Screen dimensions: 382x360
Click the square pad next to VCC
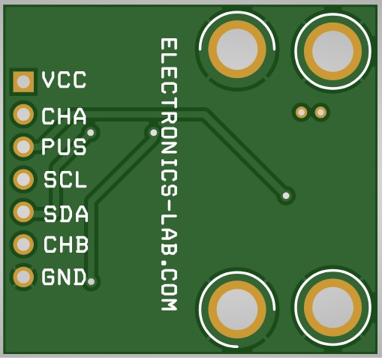[23, 82]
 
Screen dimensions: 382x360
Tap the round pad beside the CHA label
[23, 115]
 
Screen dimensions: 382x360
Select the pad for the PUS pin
[23, 147]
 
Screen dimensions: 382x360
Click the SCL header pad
[23, 179]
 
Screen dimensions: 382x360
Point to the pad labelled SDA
[23, 211]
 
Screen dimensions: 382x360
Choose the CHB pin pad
[23, 244]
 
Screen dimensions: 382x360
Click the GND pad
[23, 277]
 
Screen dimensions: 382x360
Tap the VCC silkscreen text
[64, 80]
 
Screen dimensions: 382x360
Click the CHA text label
[64, 116]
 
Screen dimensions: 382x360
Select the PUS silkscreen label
[64, 147]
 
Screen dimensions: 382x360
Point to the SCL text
[65, 180]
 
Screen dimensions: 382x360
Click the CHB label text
[66, 244]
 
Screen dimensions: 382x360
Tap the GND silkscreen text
[64, 277]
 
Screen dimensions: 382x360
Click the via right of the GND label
[92, 282]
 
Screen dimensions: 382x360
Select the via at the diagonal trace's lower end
[286, 196]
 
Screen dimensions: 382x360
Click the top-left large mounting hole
[237, 49]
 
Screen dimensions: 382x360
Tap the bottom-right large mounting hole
[333, 308]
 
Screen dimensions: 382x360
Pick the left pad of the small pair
[302, 112]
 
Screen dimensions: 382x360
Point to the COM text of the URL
[169, 290]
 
